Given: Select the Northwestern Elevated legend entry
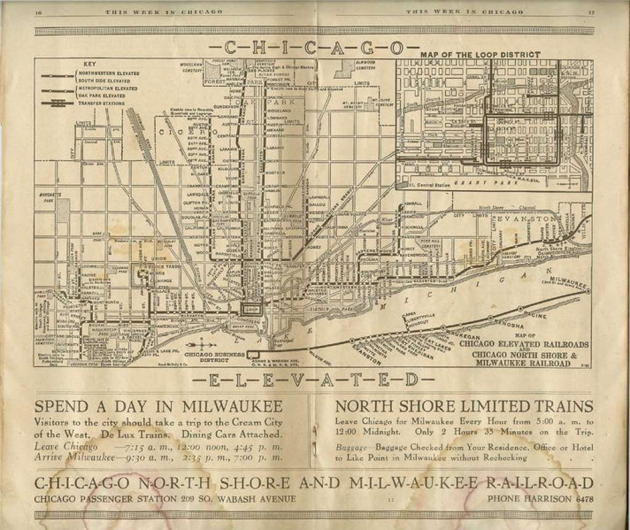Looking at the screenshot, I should (101, 73).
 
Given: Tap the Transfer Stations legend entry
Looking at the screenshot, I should (98, 103).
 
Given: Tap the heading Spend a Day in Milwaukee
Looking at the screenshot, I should (159, 407).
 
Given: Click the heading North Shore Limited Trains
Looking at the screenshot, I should (464, 407).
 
